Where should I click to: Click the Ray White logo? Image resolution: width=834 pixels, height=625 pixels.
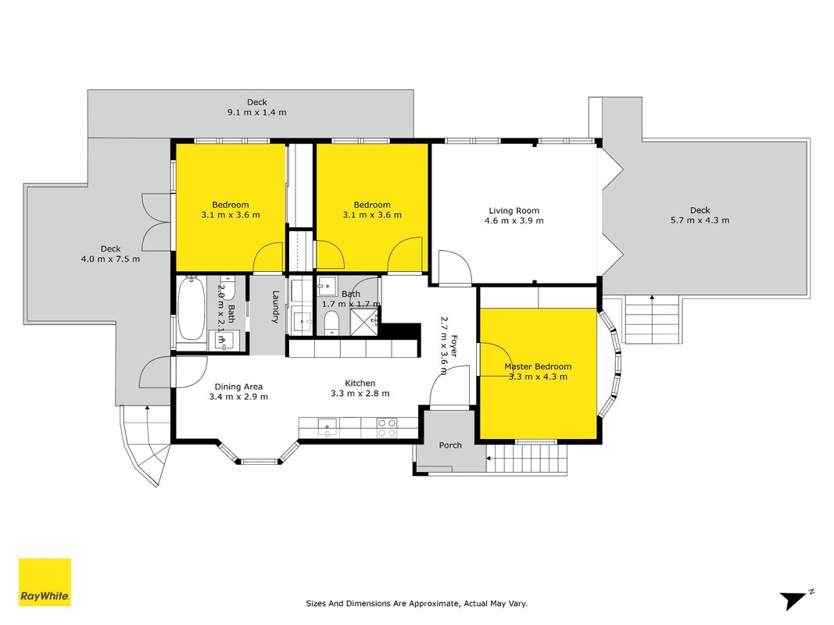[45, 582]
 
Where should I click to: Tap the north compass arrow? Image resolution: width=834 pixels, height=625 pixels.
[794, 600]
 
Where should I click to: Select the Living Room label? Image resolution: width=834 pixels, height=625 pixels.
[514, 210]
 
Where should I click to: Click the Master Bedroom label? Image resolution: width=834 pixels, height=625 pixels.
[538, 366]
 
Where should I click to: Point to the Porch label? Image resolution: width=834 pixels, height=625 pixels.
[450, 445]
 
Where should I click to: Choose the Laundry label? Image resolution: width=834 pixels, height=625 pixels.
[275, 307]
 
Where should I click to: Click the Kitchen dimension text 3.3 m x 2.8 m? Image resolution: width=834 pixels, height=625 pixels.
[360, 393]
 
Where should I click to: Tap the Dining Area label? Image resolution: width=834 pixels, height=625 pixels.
[238, 387]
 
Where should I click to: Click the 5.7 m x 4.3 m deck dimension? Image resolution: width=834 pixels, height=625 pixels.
[700, 220]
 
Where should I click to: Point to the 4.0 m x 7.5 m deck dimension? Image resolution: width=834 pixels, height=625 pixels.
[111, 259]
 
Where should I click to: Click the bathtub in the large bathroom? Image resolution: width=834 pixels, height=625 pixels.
[191, 309]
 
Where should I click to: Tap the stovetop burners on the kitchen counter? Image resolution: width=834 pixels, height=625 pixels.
[387, 428]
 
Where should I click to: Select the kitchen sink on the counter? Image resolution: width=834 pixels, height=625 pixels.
[327, 427]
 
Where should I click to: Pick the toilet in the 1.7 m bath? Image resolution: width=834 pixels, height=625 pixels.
[331, 323]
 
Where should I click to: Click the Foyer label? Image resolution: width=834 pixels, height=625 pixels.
[453, 346]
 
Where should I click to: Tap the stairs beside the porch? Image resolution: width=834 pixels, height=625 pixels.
[527, 458]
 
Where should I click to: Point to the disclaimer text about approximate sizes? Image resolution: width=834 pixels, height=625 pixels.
[417, 603]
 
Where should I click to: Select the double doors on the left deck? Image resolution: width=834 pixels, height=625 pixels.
[156, 222]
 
